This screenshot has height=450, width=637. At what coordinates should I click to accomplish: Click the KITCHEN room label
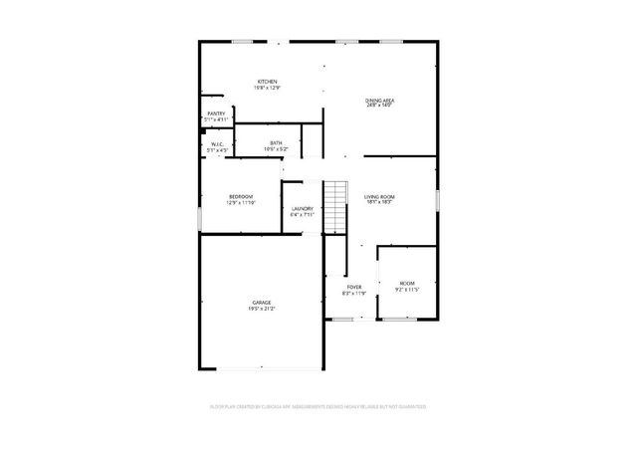pyautogui.click(x=267, y=82)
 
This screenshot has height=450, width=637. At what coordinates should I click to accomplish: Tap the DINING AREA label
pyautogui.click(x=380, y=101)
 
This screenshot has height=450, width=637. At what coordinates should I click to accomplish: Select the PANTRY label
pyautogui.click(x=216, y=113)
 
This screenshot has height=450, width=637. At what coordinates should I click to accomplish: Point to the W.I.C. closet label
pyautogui.click(x=216, y=144)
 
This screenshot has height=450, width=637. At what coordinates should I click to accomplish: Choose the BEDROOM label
pyautogui.click(x=241, y=196)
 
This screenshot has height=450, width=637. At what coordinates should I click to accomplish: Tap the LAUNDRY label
pyautogui.click(x=302, y=208)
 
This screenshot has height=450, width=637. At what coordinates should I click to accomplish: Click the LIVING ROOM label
pyautogui.click(x=380, y=197)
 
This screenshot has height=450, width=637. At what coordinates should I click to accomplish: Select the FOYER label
pyautogui.click(x=353, y=287)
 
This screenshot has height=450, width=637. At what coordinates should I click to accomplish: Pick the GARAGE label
pyautogui.click(x=262, y=302)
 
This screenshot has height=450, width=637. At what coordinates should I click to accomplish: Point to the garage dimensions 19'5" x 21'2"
pyautogui.click(x=262, y=309)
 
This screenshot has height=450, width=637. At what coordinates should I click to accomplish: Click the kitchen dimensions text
pyautogui.click(x=267, y=89)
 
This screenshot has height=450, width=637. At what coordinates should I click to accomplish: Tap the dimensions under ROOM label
pyautogui.click(x=408, y=290)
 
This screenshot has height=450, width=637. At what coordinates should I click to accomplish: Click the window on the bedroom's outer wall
pyautogui.click(x=200, y=213)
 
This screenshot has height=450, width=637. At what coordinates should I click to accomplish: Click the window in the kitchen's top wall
pyautogui.click(x=242, y=41)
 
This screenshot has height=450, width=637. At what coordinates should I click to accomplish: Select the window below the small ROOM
pyautogui.click(x=400, y=320)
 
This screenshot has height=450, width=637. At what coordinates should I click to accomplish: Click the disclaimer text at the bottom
pyautogui.click(x=318, y=407)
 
